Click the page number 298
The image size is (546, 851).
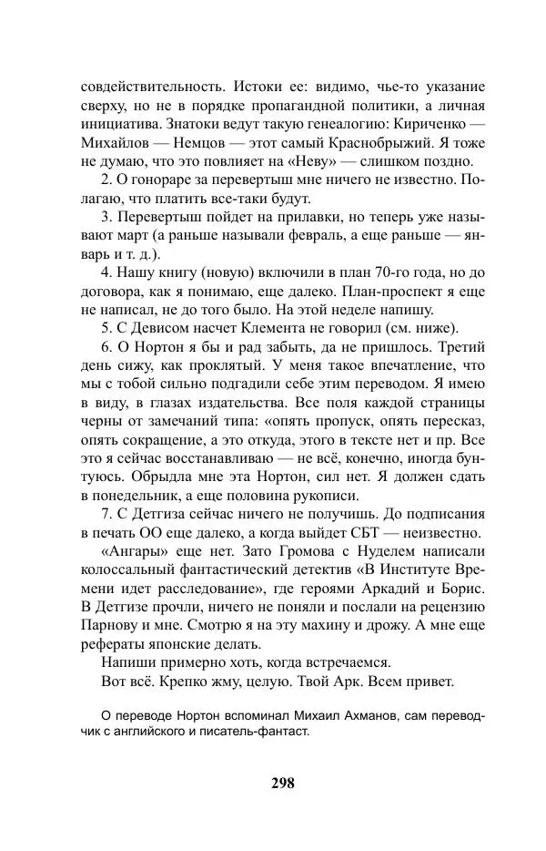coord(282,783)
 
